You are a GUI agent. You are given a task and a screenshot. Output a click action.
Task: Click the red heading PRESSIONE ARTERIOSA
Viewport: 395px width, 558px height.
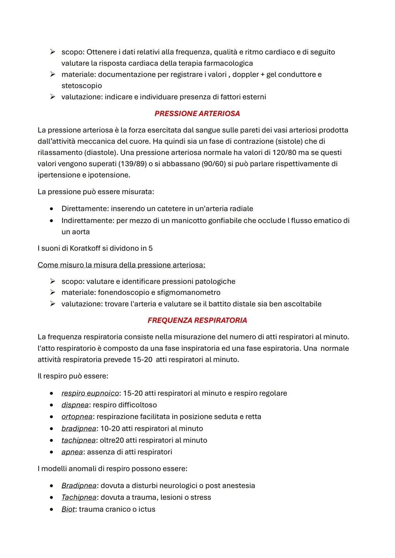point(197,114)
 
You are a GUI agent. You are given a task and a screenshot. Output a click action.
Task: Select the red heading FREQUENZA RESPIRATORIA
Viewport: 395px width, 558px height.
point(197,320)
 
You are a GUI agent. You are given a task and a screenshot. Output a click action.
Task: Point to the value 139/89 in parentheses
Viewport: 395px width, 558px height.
point(131,164)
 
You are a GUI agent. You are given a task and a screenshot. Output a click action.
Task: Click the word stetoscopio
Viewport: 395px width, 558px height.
point(82,86)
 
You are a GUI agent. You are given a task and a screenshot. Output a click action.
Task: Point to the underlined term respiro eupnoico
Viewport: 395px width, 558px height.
point(90,393)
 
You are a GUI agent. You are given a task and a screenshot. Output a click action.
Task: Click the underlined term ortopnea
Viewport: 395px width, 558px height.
point(77,417)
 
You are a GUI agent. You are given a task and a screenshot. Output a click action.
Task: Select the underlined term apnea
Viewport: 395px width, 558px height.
point(72,452)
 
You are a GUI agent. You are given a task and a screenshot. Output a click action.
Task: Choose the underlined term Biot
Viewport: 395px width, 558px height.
point(68,509)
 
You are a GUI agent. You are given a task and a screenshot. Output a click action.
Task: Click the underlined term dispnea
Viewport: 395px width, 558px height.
point(75,405)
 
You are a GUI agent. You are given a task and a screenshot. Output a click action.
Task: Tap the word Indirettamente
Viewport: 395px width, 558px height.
point(87,220)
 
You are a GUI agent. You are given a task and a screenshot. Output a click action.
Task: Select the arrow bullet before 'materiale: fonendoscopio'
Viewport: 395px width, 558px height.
point(53,293)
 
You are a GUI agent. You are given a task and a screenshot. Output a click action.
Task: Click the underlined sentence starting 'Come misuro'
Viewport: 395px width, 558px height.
point(121,265)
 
